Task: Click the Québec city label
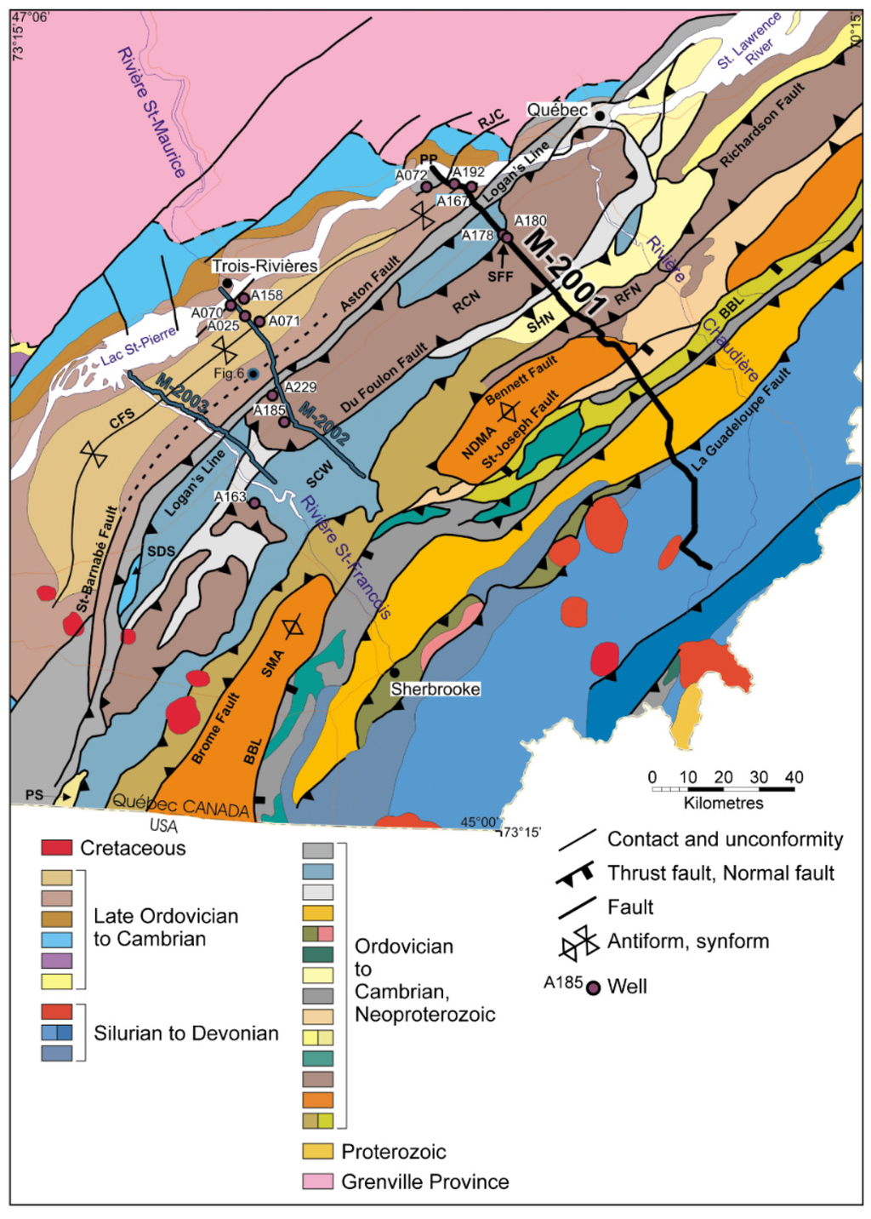pos(556,110)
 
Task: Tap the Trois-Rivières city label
pos(265,266)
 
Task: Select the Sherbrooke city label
pos(435,689)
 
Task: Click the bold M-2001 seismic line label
pos(563,272)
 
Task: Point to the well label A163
pos(230,497)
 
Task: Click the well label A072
pos(411,175)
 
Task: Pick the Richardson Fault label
pos(762,125)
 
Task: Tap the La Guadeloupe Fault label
pos(742,420)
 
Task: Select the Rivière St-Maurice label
pos(151,112)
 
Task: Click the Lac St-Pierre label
pos(139,345)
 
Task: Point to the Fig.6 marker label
pos(228,374)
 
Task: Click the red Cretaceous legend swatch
pos(57,848)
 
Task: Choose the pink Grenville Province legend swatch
pos(317,1182)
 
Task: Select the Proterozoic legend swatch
pos(317,1152)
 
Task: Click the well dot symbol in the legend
pos(594,987)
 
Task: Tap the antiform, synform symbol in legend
pos(578,943)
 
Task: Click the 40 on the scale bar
pos(794,777)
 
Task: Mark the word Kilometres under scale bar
pos(723,803)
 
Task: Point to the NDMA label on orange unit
pos(478,443)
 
